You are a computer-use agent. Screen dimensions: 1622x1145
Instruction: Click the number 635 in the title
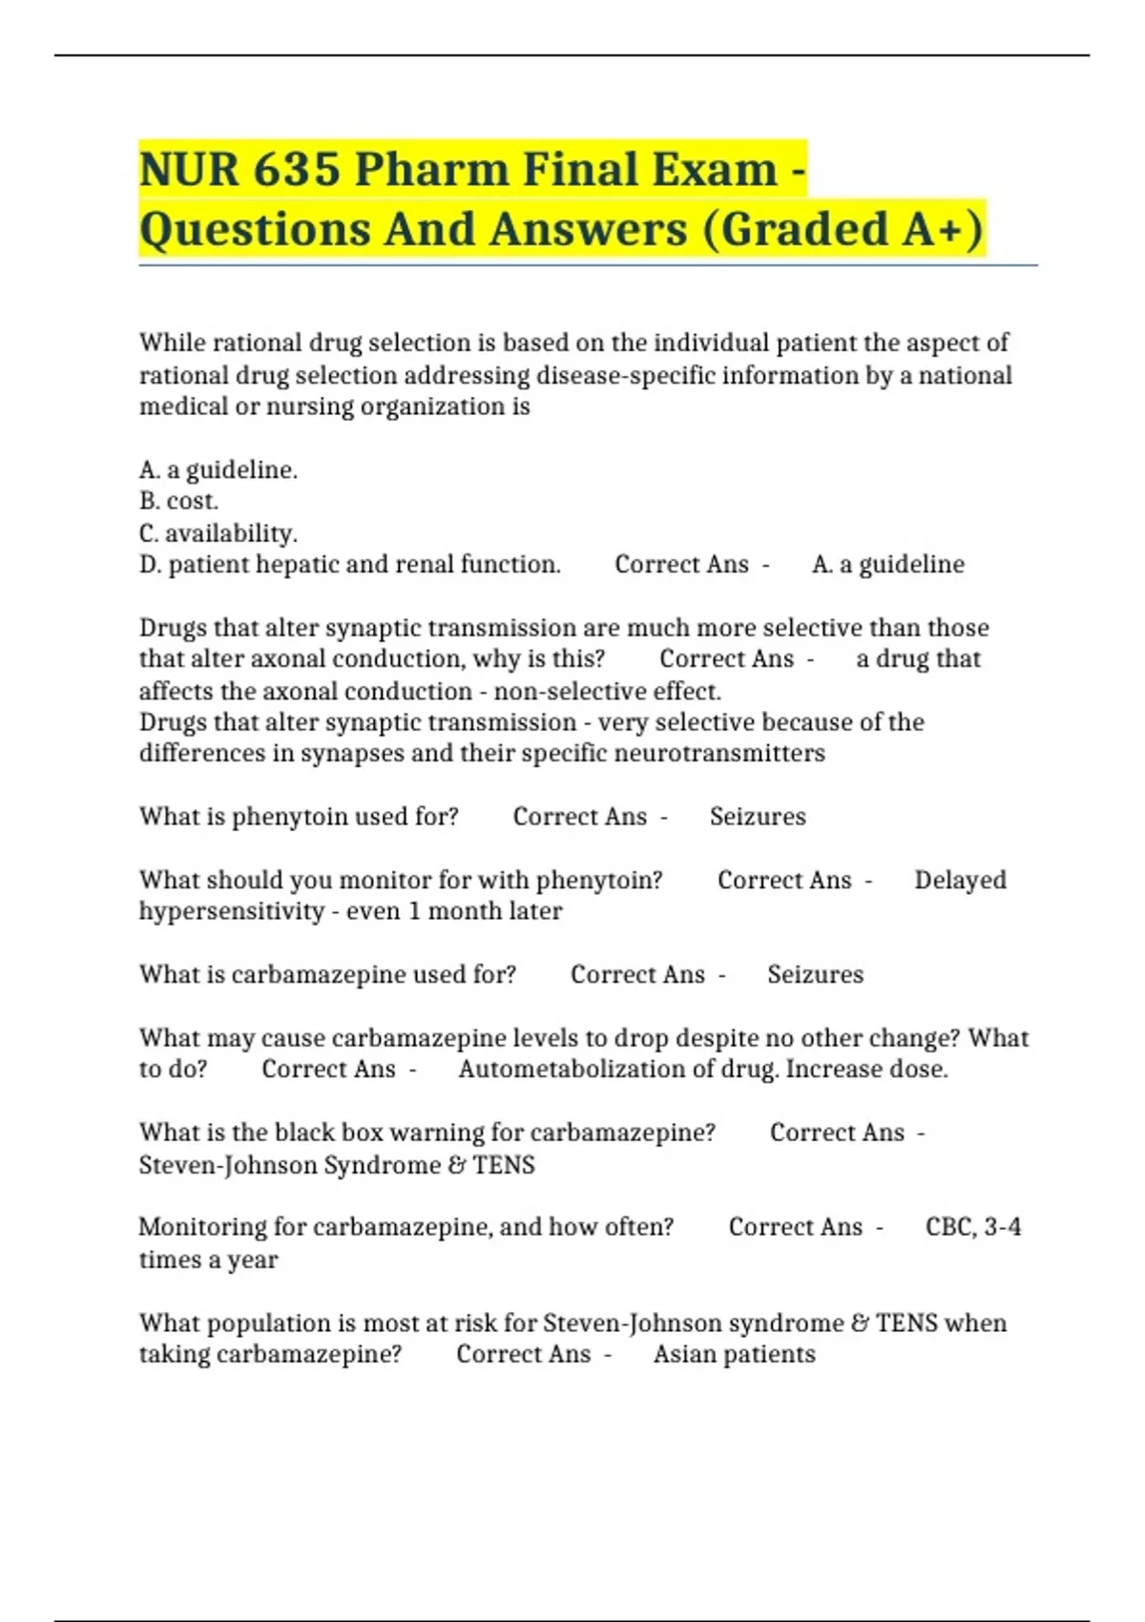coord(297,170)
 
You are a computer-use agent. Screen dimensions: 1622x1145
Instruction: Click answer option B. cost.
coord(178,501)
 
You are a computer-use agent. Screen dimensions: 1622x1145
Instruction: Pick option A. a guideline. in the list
coord(219,469)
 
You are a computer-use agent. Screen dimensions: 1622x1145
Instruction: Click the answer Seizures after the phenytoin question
coord(758,817)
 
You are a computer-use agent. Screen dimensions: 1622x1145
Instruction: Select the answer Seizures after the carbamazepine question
coord(815,974)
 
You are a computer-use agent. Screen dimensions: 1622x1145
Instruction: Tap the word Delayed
coord(960,880)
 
